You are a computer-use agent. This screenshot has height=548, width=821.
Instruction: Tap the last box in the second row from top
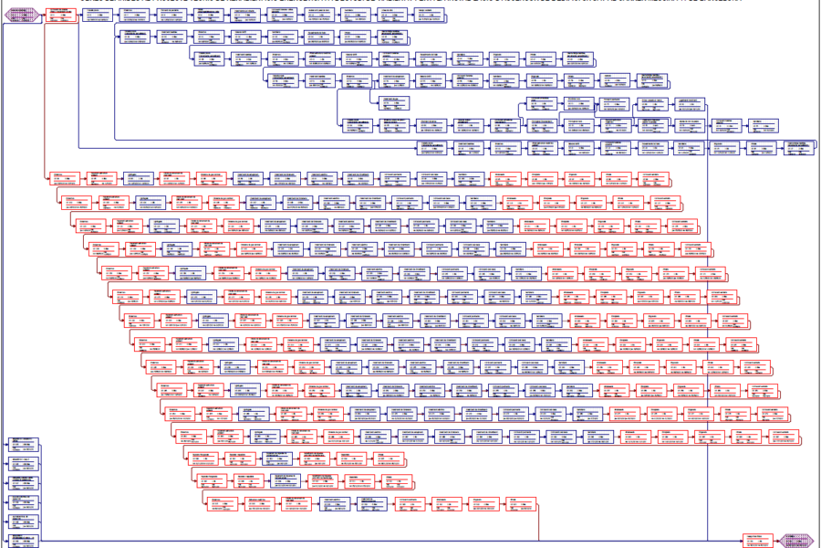click(x=392, y=36)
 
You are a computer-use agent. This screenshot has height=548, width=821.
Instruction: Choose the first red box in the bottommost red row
click(x=221, y=504)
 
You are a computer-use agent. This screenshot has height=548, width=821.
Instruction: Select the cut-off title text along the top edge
click(x=410, y=2)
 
